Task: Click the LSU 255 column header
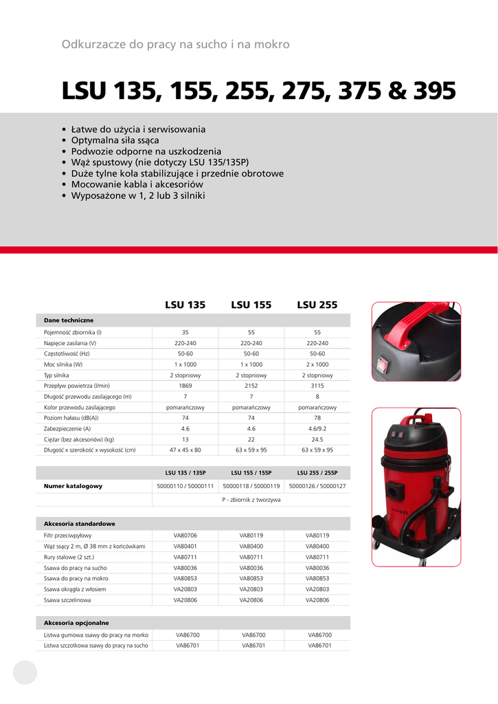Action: (x=317, y=305)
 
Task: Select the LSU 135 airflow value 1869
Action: (x=185, y=386)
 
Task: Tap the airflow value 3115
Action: (x=317, y=386)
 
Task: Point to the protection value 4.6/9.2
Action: (x=317, y=428)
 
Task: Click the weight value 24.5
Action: (x=317, y=439)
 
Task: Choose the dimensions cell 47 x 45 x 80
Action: (x=185, y=450)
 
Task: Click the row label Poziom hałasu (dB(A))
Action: (x=71, y=418)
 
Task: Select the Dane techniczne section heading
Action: (x=69, y=320)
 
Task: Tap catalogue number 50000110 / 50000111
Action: (x=185, y=486)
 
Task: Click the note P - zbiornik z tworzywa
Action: (x=251, y=500)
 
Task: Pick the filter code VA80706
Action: (x=185, y=535)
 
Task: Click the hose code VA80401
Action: (x=185, y=546)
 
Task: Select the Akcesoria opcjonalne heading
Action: (x=76, y=623)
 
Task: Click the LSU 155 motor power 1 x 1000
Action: (x=251, y=364)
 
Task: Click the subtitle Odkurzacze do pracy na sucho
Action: (x=175, y=45)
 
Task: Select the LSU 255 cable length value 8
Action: (x=317, y=397)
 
